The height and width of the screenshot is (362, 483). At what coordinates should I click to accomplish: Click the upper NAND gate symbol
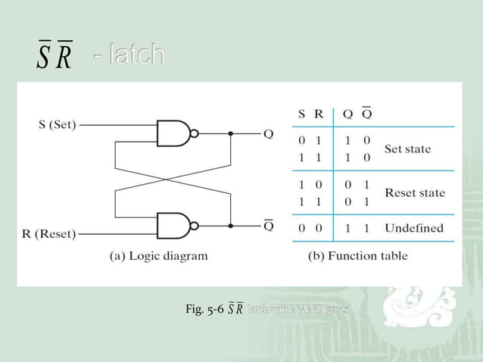(173, 133)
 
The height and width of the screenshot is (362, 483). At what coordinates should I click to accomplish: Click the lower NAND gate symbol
(173, 225)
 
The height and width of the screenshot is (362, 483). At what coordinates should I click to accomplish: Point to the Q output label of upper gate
(268, 134)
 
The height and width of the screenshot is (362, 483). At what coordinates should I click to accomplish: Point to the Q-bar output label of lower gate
(268, 224)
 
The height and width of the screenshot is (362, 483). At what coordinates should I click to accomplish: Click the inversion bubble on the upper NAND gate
(195, 133)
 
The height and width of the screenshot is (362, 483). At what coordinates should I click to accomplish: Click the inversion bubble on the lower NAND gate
(195, 225)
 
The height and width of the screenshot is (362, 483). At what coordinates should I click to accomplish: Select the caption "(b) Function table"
(357, 256)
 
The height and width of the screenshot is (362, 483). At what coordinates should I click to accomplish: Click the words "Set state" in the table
(407, 148)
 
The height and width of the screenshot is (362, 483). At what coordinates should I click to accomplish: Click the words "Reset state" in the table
(415, 192)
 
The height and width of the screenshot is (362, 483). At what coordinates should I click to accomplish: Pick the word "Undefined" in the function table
(413, 227)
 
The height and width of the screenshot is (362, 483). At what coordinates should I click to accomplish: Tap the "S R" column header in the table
(310, 114)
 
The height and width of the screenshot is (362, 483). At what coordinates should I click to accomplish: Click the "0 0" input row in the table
(310, 227)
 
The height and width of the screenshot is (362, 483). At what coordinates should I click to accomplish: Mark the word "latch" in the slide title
(135, 55)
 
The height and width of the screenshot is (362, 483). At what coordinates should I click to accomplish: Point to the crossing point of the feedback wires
(172, 179)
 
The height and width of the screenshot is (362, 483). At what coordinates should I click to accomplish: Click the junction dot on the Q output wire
(230, 134)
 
